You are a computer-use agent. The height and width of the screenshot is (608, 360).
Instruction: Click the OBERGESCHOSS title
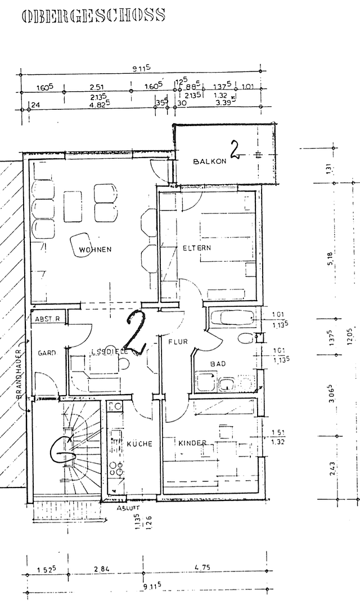pos(93,15)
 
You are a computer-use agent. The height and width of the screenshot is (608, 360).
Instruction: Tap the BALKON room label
pos(209,161)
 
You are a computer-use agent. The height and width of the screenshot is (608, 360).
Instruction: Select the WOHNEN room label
pos(95,249)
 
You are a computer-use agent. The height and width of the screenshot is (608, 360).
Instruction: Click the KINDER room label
pos(192,443)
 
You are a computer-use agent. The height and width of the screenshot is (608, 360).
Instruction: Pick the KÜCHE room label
pos(139,444)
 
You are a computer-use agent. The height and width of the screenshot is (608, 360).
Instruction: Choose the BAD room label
pos(218,364)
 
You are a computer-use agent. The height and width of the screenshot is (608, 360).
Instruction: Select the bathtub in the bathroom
pos(231,318)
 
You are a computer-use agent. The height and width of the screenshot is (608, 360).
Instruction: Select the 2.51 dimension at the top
pos(96,87)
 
